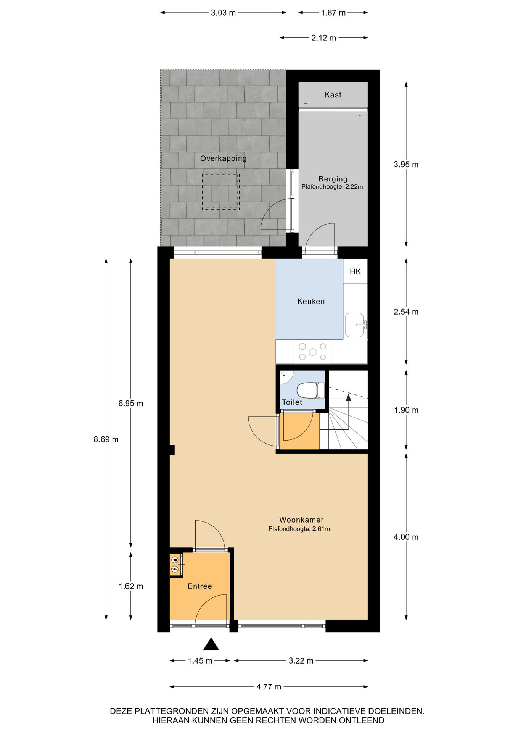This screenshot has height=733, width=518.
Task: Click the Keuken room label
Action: click(311, 301)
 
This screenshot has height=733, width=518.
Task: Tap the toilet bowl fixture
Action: click(310, 391)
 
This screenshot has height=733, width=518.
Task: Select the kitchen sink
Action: click(355, 325)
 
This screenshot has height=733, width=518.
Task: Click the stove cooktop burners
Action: click(312, 352)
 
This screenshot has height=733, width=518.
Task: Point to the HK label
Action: click(355, 271)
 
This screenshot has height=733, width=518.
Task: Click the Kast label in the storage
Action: click(333, 95)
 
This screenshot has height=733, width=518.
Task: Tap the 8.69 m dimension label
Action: click(106, 439)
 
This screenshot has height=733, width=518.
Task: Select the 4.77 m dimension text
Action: click(269, 687)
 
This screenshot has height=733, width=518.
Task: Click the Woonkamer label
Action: click(301, 520)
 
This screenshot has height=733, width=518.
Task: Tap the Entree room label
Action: click(199, 586)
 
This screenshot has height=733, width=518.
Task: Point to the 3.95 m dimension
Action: click(406, 165)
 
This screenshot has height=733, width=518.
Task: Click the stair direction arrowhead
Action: click(348, 398)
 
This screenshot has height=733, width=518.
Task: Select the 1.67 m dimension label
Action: click(333, 13)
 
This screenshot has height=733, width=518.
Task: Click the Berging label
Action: click(333, 179)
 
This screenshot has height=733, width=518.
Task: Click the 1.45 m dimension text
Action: click(200, 660)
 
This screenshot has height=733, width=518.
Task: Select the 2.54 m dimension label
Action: click(406, 312)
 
